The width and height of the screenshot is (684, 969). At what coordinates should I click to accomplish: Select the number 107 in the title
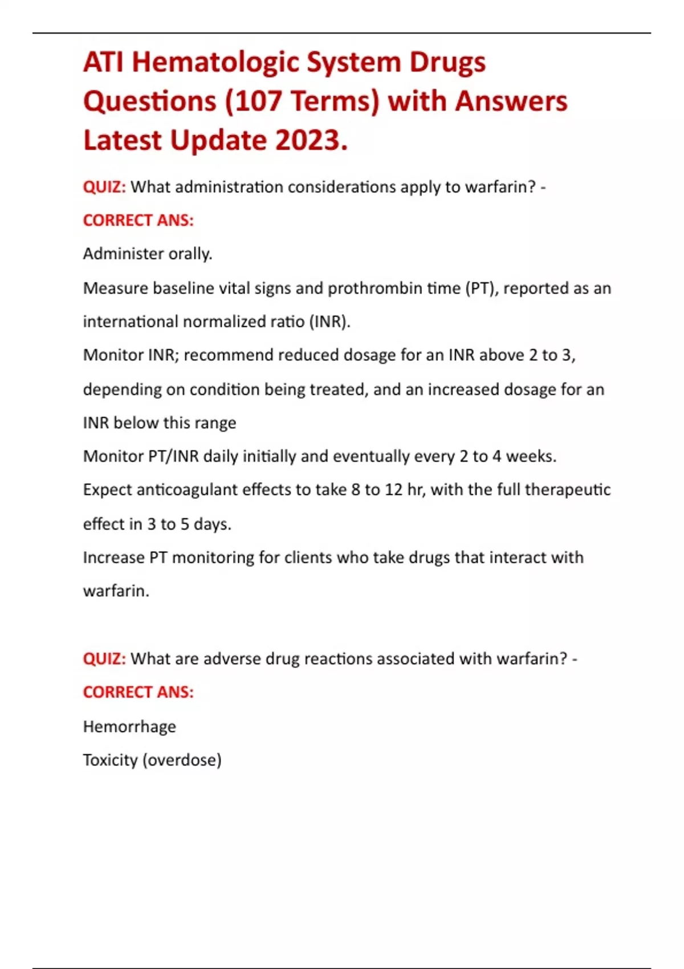coord(257,101)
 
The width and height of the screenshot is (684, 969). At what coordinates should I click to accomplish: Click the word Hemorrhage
coord(129,727)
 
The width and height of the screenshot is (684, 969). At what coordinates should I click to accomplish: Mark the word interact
coord(508,557)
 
